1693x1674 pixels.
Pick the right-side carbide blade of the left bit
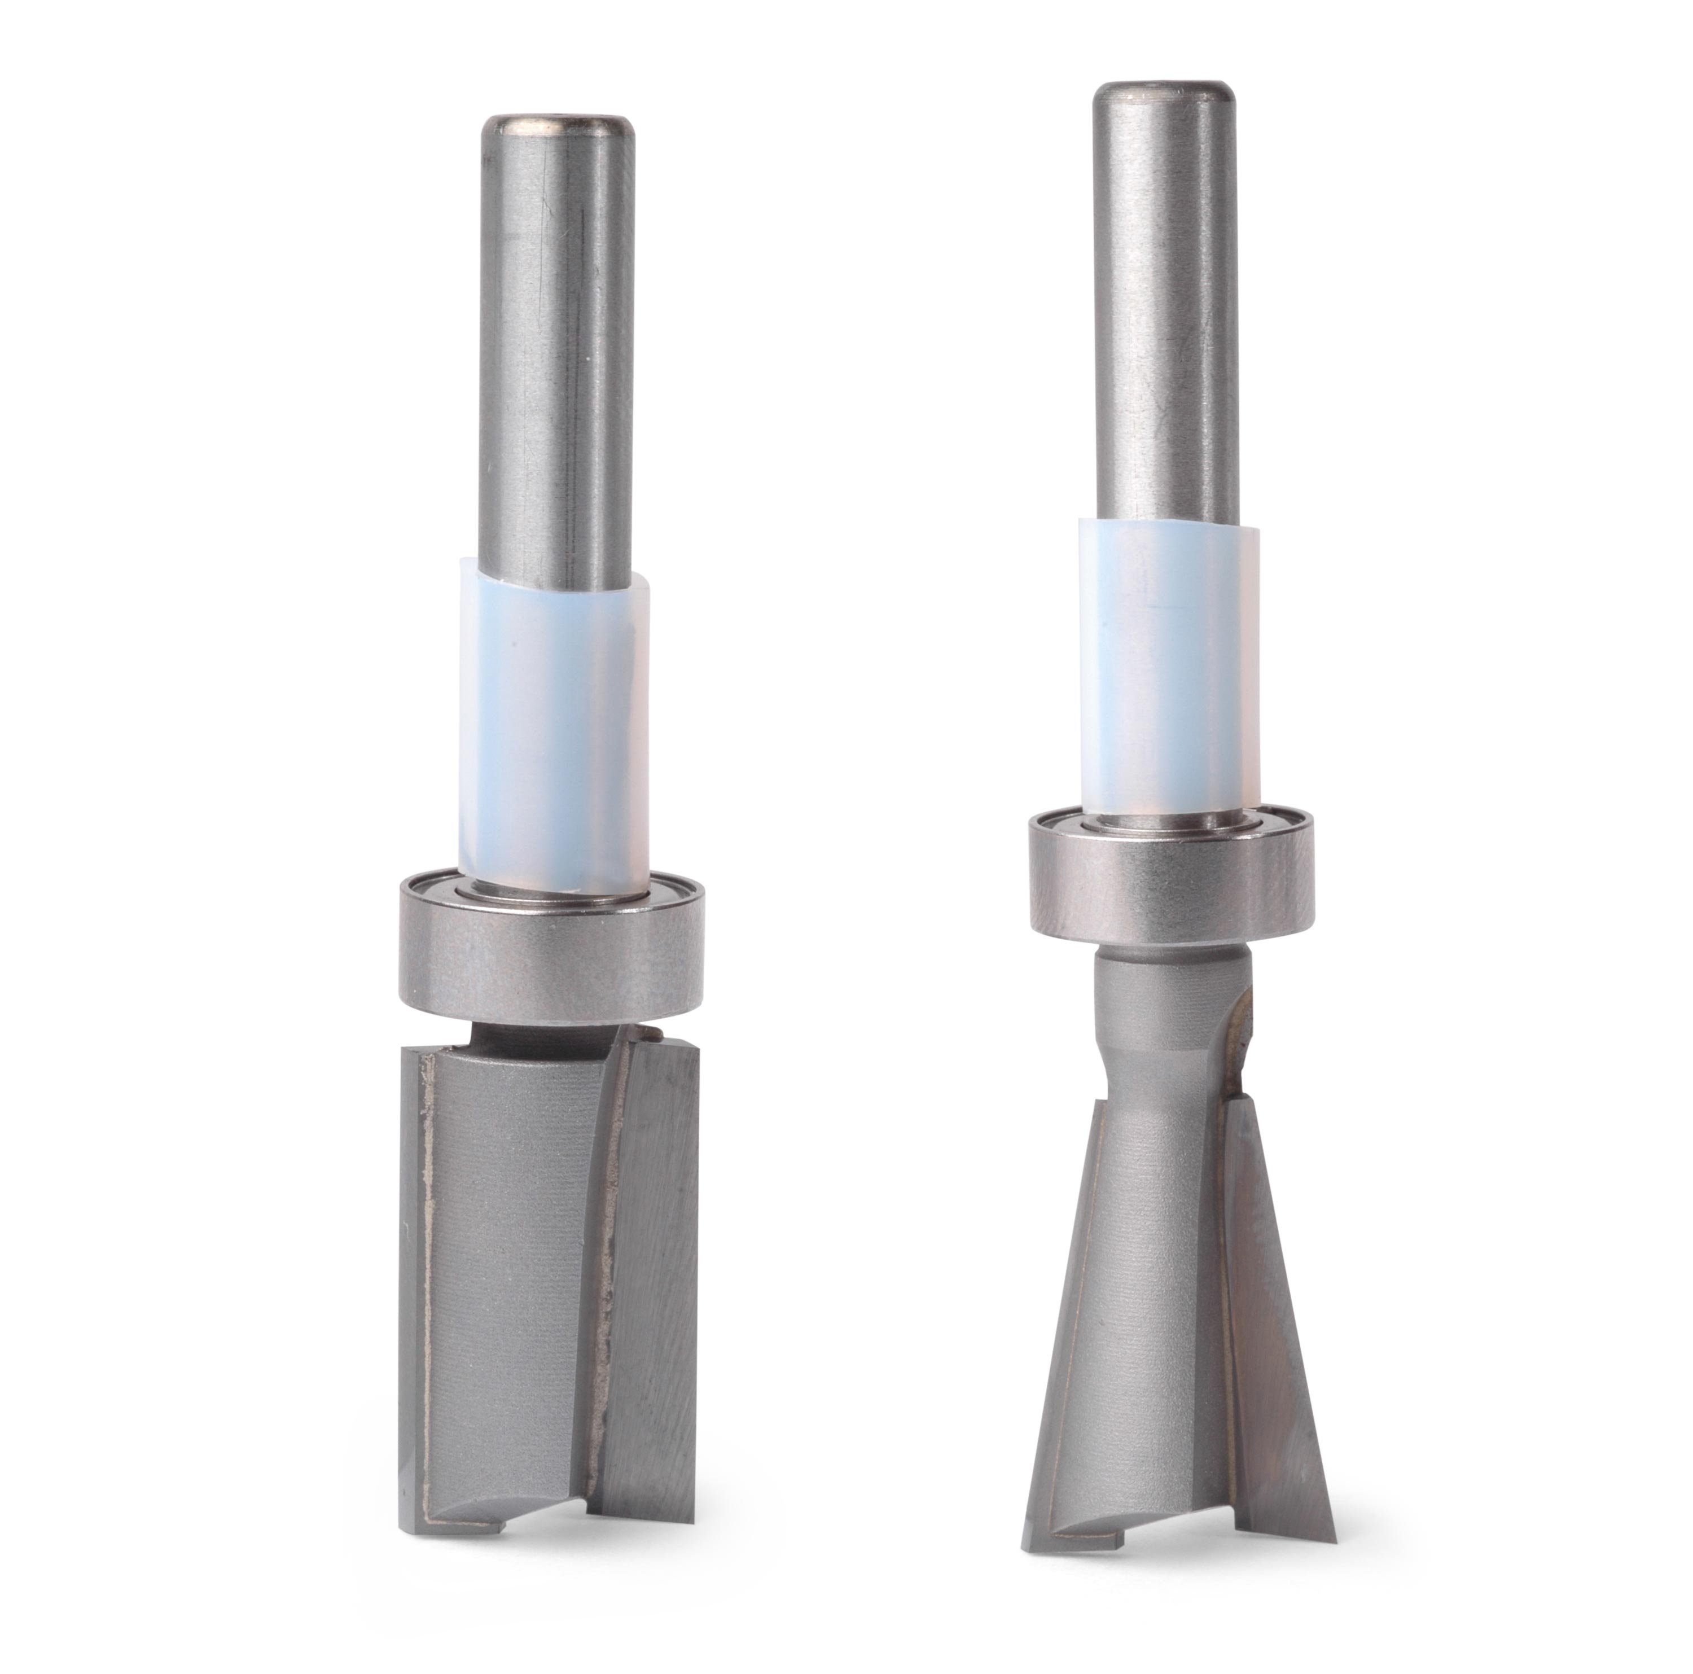tap(653, 1271)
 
